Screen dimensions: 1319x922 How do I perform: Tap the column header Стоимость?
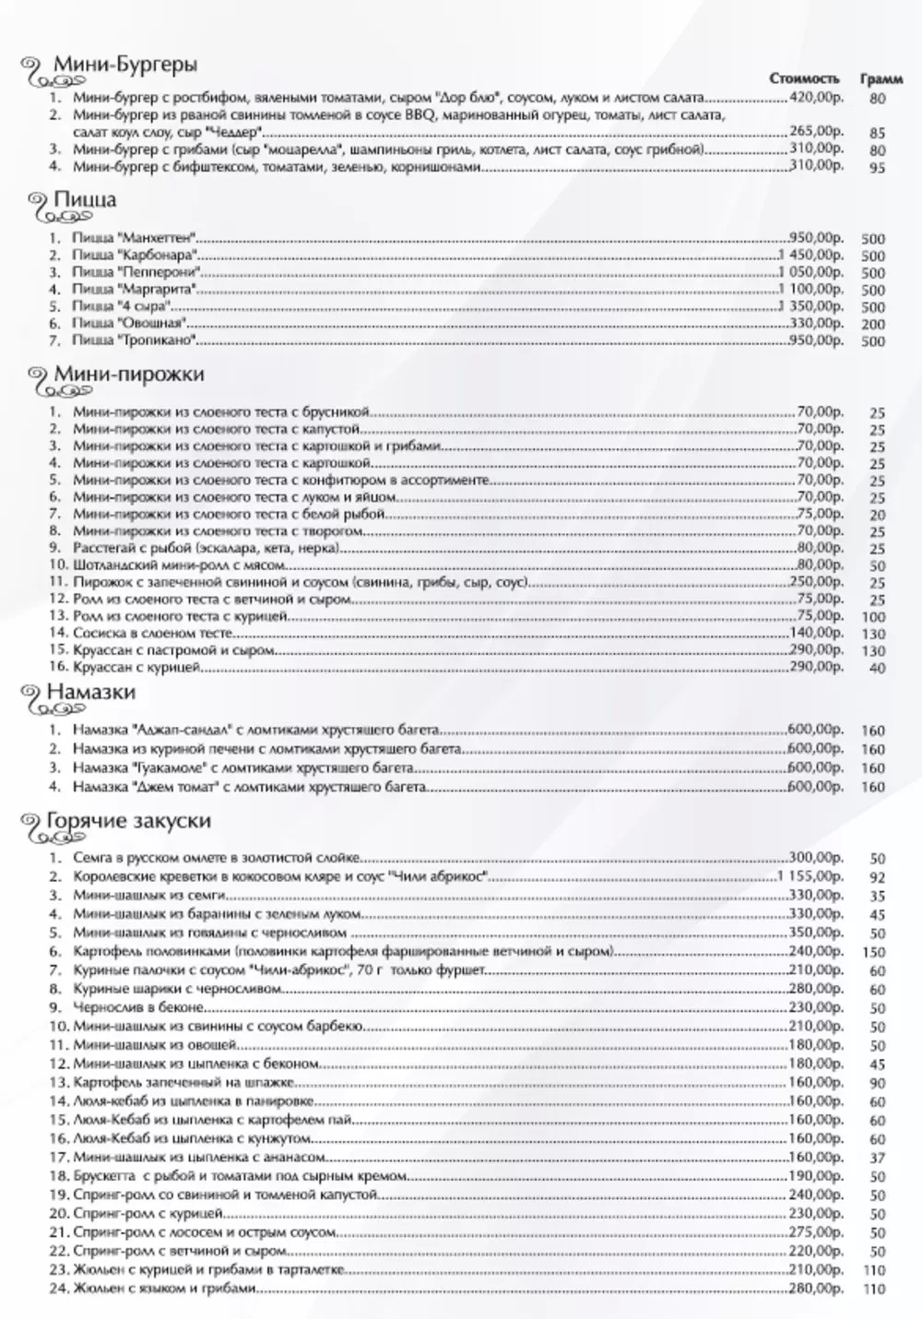(805, 78)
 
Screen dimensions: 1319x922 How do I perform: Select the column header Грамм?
(881, 78)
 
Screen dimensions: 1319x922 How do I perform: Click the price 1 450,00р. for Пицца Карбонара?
(810, 255)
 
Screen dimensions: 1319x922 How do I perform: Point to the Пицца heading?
(85, 200)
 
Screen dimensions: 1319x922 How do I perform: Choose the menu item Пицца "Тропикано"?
(136, 341)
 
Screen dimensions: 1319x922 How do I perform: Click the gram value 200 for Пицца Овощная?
(873, 325)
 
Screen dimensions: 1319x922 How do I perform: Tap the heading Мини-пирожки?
(129, 374)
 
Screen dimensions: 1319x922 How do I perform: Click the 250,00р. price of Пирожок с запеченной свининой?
(816, 582)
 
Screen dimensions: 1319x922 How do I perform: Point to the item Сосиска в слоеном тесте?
(144, 633)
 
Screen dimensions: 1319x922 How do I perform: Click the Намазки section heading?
(94, 692)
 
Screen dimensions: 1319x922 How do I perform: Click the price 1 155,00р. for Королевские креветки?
(810, 875)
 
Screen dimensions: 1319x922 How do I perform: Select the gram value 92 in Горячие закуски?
(877, 878)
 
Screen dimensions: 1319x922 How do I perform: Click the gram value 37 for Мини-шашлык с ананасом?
(877, 1159)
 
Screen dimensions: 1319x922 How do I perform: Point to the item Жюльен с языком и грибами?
(164, 1288)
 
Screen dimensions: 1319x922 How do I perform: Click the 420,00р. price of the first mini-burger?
(816, 97)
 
